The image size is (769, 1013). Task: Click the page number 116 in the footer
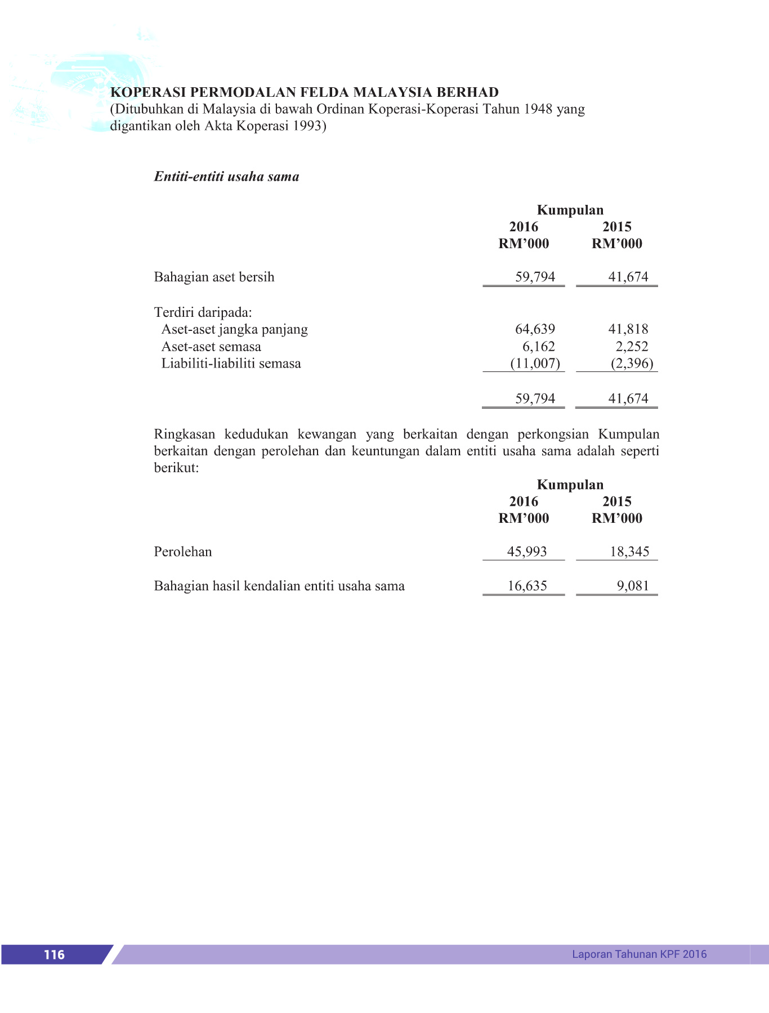tap(54, 954)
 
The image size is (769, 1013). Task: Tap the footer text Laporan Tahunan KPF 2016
tap(639, 954)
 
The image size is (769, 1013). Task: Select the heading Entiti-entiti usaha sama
tap(226, 177)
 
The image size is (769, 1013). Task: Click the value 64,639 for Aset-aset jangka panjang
tap(535, 329)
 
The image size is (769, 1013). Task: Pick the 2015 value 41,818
tap(628, 329)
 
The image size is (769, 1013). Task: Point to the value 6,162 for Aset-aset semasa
tap(538, 347)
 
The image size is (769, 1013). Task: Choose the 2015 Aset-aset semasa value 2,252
tap(632, 347)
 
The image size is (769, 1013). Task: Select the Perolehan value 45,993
tap(527, 552)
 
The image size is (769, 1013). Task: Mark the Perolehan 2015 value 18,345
tap(629, 552)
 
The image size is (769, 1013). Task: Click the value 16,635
tap(527, 586)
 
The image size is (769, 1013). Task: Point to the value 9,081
tap(633, 586)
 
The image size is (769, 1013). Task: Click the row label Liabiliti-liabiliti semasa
tap(231, 364)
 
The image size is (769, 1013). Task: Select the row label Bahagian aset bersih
tap(214, 277)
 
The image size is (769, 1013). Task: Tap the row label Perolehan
tap(183, 552)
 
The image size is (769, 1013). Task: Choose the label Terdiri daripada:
tap(203, 312)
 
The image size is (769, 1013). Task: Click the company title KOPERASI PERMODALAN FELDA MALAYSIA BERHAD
tap(305, 92)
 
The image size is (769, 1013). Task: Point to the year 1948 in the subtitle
tap(538, 109)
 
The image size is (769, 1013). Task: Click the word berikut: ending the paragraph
tap(176, 468)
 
